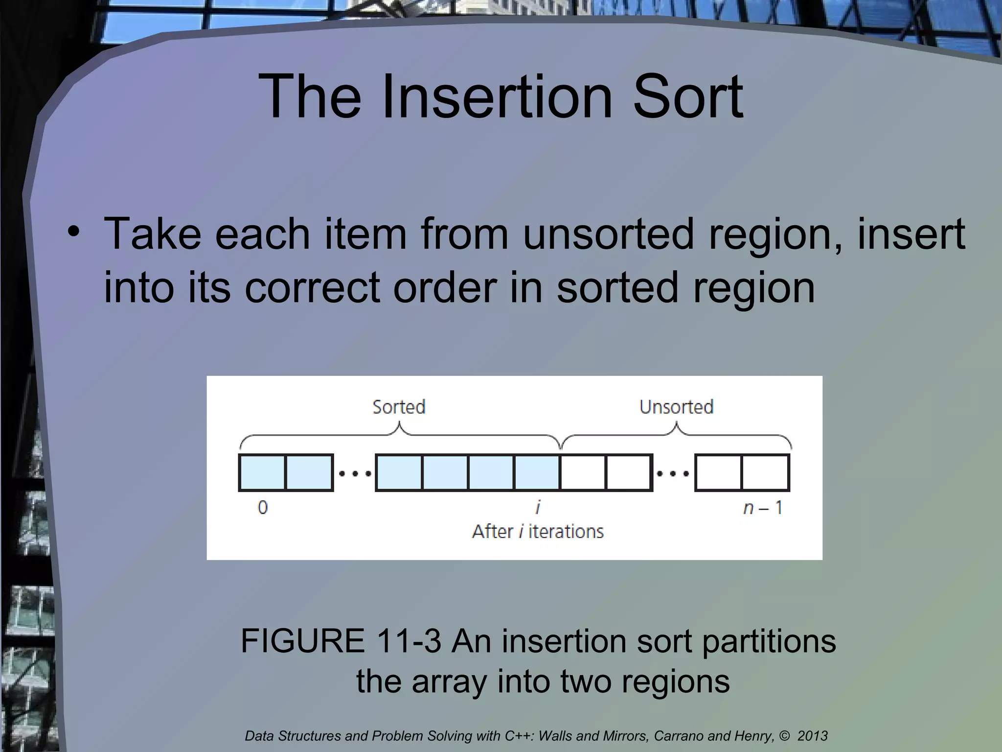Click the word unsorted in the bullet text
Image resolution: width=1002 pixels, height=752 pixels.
(608, 234)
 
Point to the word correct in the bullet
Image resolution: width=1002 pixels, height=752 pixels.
(312, 287)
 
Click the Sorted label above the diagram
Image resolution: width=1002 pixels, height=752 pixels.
(399, 407)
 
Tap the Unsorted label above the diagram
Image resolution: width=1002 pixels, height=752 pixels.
(676, 407)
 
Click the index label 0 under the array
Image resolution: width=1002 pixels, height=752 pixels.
(263, 507)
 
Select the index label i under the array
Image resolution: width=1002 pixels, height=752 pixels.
(538, 507)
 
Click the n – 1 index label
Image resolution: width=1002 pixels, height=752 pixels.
(763, 508)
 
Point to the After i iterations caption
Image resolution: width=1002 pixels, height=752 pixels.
(538, 531)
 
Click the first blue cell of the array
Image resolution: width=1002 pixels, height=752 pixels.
(262, 472)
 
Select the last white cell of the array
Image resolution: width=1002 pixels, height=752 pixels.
(765, 472)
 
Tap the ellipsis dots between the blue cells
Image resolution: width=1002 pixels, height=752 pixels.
(355, 473)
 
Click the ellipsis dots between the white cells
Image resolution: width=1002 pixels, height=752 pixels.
(673, 473)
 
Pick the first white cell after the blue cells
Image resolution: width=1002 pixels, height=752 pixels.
(583, 472)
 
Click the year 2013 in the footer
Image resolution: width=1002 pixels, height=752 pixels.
(812, 736)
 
